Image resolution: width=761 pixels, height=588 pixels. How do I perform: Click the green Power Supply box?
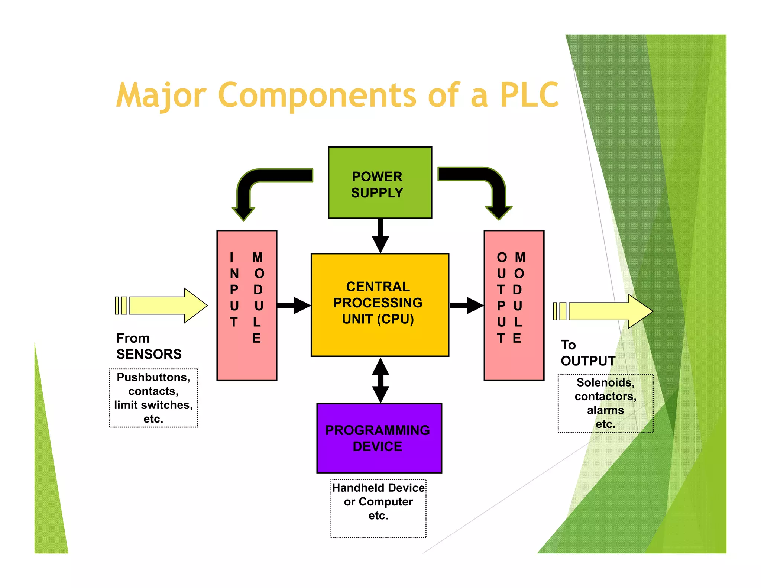[x=380, y=182]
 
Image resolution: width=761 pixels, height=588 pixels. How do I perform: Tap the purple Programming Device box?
[x=379, y=438]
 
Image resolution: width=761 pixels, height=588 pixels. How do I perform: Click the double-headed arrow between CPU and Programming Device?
[x=380, y=380]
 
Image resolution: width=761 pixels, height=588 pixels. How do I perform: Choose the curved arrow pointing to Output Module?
[x=490, y=182]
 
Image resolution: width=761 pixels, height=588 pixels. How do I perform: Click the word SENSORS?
[x=149, y=354]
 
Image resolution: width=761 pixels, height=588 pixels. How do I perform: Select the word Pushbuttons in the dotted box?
[x=153, y=377]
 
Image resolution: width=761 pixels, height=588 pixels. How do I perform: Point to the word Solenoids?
[x=605, y=382]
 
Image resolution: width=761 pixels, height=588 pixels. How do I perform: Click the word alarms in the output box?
[x=605, y=410]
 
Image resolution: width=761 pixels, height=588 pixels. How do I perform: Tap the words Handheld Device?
[x=378, y=488]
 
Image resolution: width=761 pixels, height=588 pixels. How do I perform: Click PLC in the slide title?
[x=529, y=95]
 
